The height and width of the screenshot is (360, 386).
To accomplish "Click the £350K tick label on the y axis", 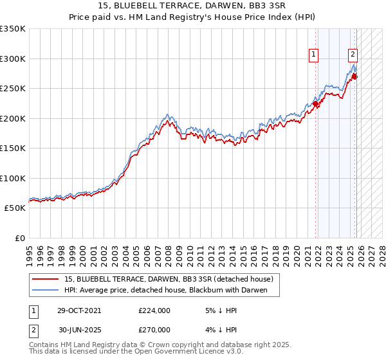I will point(13,29).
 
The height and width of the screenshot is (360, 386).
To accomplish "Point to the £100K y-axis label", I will point(13,178).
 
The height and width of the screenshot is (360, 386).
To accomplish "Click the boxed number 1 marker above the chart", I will point(313,55).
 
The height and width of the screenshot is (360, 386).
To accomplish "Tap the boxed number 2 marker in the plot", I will point(353,55).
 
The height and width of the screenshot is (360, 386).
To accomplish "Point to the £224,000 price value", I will point(154,310).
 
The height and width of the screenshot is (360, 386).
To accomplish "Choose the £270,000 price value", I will point(154,329).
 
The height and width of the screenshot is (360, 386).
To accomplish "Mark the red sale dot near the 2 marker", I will point(354,77).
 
